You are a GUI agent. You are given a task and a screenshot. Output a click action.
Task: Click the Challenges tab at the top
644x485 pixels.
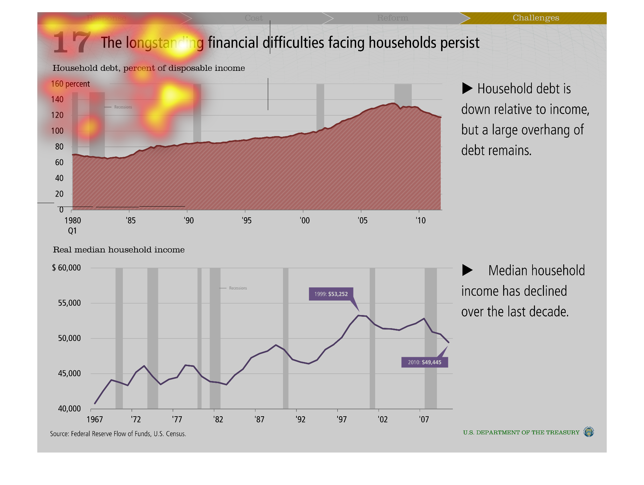(536, 18)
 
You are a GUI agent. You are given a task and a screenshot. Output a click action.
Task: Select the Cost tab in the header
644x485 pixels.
(254, 18)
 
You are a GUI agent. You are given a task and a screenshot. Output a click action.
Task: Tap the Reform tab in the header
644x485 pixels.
(392, 18)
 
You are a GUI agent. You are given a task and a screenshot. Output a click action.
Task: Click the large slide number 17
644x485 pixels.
(72, 42)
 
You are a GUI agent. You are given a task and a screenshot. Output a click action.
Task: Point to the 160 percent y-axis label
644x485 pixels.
(70, 84)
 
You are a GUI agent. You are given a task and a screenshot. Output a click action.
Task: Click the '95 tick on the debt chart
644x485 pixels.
(246, 220)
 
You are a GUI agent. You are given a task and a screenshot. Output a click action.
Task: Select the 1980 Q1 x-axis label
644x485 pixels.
(72, 225)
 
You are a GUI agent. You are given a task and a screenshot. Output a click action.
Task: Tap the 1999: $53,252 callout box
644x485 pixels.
(331, 294)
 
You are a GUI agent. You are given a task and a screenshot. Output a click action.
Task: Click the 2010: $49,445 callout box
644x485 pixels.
(425, 362)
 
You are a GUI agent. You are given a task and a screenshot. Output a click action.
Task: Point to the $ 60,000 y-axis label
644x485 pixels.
(66, 268)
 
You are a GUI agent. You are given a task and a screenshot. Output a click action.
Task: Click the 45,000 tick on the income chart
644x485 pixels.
(69, 373)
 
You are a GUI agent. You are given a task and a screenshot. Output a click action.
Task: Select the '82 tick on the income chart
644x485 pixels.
(218, 419)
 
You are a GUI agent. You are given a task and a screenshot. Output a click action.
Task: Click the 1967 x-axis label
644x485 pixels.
(95, 419)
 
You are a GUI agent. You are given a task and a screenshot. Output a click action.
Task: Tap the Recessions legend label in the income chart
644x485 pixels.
(238, 288)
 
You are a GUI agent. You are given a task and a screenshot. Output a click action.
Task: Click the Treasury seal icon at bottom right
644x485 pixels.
(588, 432)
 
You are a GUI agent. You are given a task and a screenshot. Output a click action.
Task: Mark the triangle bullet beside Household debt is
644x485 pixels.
(467, 88)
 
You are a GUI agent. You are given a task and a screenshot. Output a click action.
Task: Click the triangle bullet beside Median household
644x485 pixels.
(467, 270)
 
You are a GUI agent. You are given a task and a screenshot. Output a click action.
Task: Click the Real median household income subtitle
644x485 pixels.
(119, 250)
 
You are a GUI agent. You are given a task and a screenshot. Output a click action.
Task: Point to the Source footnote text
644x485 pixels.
(118, 434)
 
